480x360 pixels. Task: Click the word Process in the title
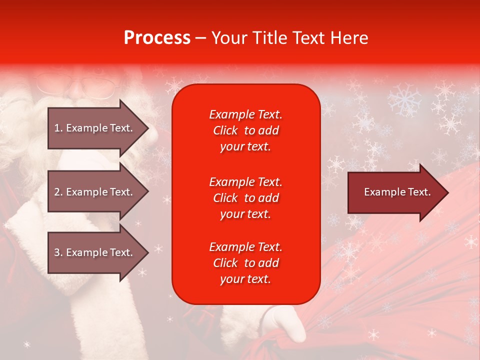[157, 38]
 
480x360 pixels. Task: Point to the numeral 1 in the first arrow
[57, 128]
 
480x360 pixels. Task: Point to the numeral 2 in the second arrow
[57, 192]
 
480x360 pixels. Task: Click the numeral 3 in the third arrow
[57, 252]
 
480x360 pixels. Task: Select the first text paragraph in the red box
[245, 130]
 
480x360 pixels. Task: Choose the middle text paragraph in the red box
[245, 198]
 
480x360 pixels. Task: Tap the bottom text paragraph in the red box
[245, 263]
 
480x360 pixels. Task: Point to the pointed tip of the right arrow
[447, 192]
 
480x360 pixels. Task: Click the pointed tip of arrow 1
[147, 128]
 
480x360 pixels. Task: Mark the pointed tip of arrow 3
[147, 252]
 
